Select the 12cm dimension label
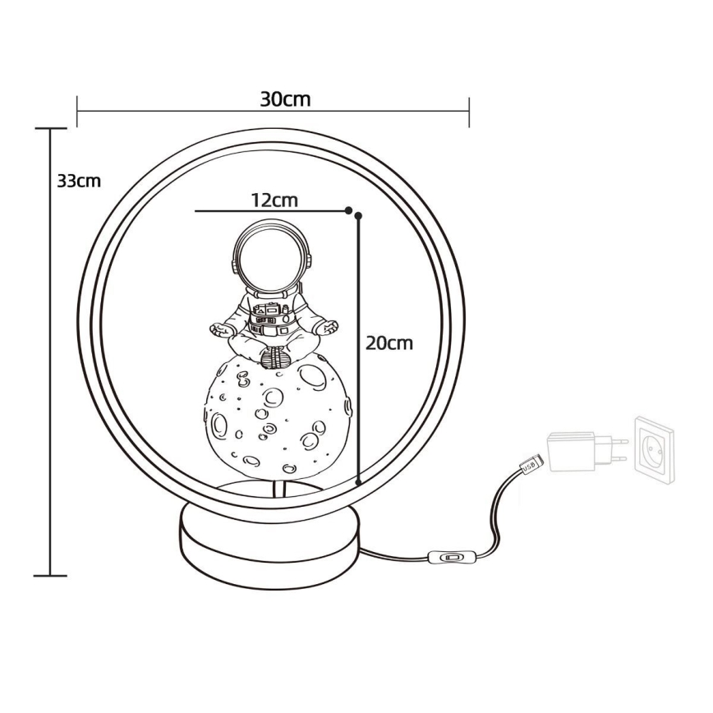274,200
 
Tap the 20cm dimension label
389,343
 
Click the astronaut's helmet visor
272,259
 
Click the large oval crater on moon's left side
219,425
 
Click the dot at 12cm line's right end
348,210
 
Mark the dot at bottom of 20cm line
359,483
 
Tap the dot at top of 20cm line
358,216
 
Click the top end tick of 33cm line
51,129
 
